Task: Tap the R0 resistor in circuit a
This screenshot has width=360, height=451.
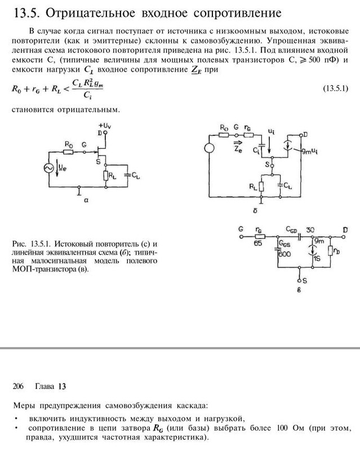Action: coord(69,152)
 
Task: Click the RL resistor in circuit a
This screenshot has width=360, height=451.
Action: coord(105,175)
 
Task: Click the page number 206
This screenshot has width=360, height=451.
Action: coord(17,386)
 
